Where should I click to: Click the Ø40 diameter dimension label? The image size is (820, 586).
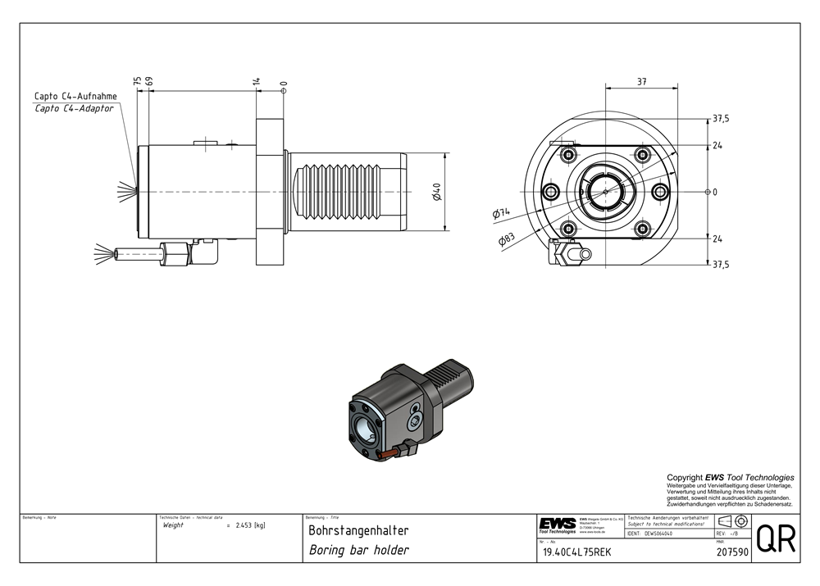click(x=438, y=192)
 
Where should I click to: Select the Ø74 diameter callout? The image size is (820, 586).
click(x=501, y=213)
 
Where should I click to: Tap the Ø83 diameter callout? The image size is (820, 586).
click(x=506, y=239)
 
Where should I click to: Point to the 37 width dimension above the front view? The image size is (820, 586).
click(x=641, y=81)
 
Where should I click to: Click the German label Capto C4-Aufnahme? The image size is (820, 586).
click(x=75, y=96)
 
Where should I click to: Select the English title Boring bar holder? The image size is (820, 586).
click(x=358, y=550)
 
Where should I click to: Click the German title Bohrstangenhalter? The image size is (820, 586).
click(x=358, y=531)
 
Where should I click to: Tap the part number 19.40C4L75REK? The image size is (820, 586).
click(x=576, y=552)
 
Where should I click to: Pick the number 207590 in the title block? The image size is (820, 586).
click(x=732, y=552)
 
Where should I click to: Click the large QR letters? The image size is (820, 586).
click(x=775, y=538)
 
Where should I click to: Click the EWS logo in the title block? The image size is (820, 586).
click(x=557, y=525)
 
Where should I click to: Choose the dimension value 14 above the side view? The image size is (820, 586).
click(x=257, y=82)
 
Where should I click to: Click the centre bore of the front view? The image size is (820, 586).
click(x=605, y=192)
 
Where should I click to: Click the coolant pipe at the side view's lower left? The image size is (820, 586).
click(x=139, y=252)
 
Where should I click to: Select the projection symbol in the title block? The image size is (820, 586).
click(x=732, y=521)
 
